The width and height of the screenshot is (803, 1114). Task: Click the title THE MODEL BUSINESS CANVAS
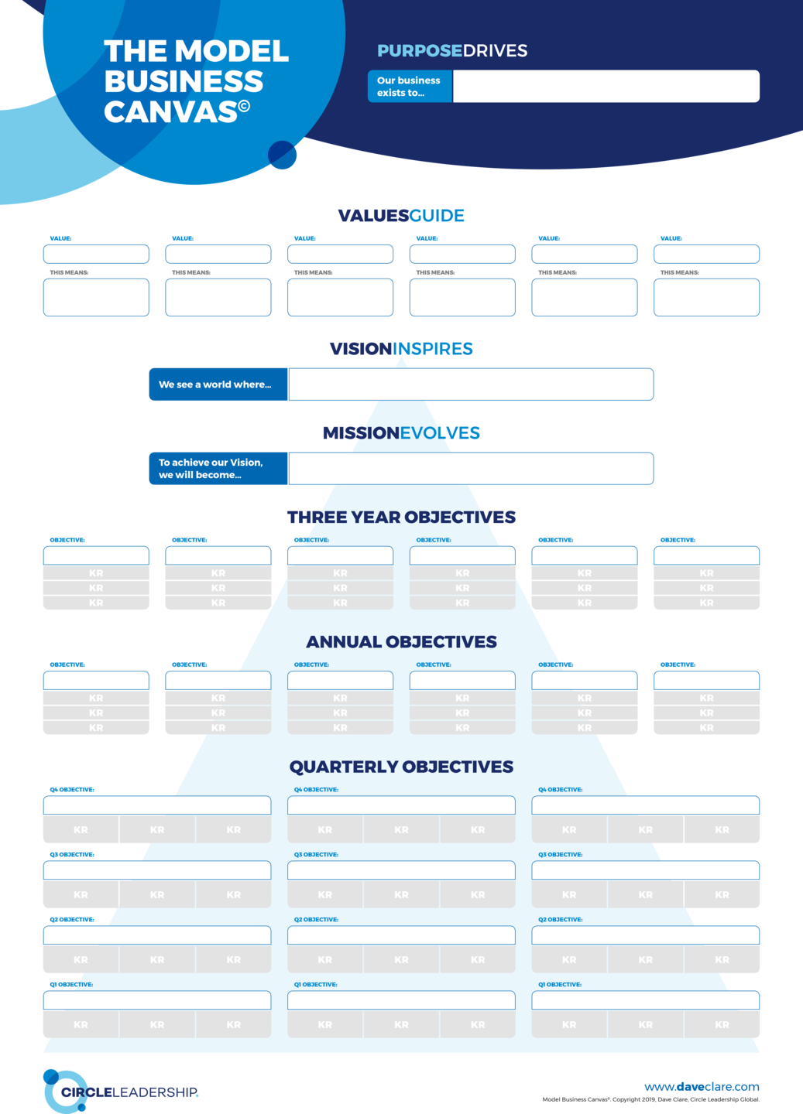coord(196,81)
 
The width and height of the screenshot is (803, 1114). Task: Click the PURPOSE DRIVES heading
coord(452,51)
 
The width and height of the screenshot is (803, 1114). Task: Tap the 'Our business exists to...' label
coord(409,87)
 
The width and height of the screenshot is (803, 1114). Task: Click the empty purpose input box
coord(606,87)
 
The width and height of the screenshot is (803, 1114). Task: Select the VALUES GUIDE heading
coord(401,215)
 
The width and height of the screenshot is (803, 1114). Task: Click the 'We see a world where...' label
coord(215,384)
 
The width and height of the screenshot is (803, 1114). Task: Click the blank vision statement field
coord(471,384)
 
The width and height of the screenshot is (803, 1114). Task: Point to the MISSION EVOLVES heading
coord(401,432)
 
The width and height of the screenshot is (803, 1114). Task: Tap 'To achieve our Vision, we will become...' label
coord(211,469)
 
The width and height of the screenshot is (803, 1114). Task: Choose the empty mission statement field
coord(471,469)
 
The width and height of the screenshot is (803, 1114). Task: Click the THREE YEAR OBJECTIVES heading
coord(401,517)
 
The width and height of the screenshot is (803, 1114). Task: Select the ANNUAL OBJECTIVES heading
coord(401,642)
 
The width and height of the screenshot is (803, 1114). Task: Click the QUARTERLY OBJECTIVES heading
coord(401,767)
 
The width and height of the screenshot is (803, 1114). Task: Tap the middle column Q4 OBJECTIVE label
coord(316,790)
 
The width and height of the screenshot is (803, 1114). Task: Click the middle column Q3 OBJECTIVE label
coord(316,855)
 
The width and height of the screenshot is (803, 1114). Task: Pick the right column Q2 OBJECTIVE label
coord(561,920)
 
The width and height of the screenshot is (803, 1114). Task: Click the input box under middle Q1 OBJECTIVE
coord(401,1000)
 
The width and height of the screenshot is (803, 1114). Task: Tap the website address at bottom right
coord(702,1087)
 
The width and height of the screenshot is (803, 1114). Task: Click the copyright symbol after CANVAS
coord(244,105)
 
